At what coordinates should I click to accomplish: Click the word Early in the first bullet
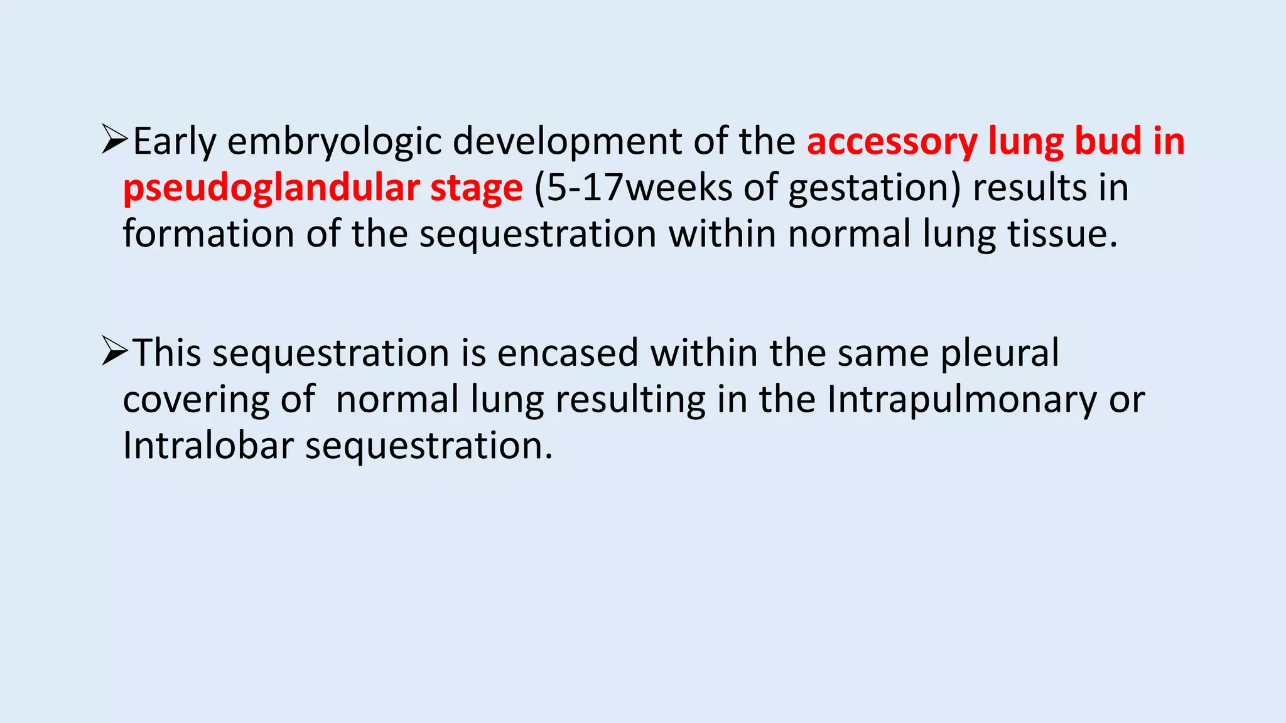click(174, 142)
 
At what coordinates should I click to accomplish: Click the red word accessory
click(892, 142)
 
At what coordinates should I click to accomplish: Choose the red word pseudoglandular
click(270, 188)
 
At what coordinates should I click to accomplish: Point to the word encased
click(568, 353)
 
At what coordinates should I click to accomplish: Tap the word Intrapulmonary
click(961, 400)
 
